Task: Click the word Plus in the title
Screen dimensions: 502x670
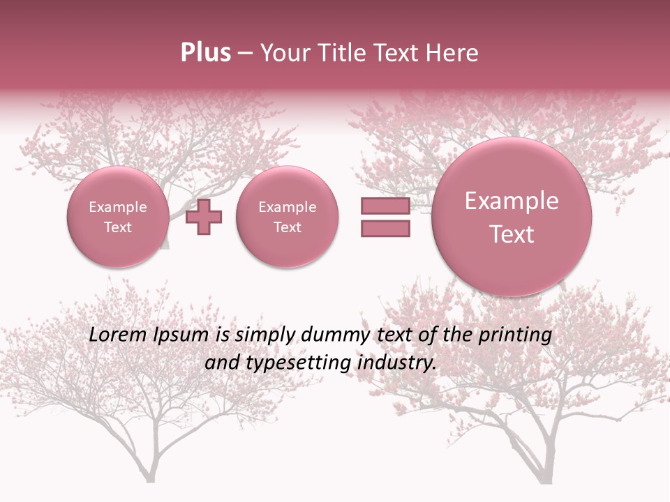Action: (205, 53)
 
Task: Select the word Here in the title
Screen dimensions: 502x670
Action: (454, 53)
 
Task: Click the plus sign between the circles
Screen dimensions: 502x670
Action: (204, 217)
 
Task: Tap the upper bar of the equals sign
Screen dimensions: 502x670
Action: (385, 206)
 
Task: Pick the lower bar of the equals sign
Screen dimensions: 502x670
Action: (385, 228)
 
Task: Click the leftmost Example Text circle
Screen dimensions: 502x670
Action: (118, 217)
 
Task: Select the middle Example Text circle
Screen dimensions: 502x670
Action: (288, 217)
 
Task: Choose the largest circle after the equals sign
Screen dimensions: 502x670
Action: (512, 217)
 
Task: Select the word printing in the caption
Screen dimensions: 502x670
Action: (514, 335)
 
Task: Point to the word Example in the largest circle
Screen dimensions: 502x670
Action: (512, 201)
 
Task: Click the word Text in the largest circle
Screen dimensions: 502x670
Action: (512, 234)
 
